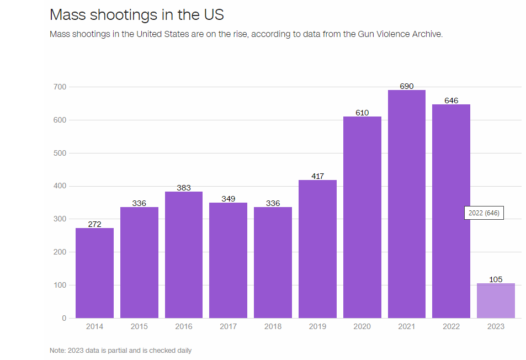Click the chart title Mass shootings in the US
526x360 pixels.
point(136,14)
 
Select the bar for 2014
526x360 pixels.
point(94,273)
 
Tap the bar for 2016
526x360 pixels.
point(184,255)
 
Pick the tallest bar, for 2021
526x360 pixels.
point(407,204)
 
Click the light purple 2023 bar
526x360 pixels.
point(496,300)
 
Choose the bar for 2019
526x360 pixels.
point(317,248)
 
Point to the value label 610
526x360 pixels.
point(362,113)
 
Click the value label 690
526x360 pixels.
point(407,86)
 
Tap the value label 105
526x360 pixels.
point(496,279)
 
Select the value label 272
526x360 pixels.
point(94,224)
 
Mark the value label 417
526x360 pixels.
point(317,176)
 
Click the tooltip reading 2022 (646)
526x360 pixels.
point(484,213)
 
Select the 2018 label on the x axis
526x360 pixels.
point(273,326)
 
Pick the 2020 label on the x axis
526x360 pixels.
point(362,326)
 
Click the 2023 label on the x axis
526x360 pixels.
point(496,326)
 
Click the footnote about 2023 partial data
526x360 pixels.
point(120,350)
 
